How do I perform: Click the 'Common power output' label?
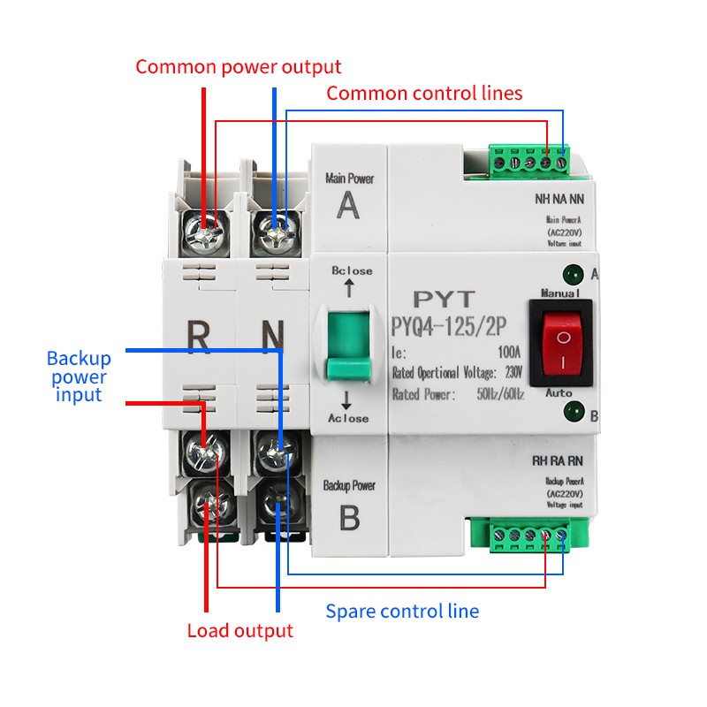pyautogui.click(x=238, y=67)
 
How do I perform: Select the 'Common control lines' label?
pyautogui.click(x=424, y=93)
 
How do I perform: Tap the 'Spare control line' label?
pyautogui.click(x=402, y=611)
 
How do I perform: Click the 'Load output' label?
pyautogui.click(x=239, y=631)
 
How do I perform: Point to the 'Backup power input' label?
pyautogui.click(x=80, y=376)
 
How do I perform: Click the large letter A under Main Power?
pyautogui.click(x=349, y=208)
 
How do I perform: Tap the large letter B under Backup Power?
pyautogui.click(x=349, y=517)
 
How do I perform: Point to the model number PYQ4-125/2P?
pyautogui.click(x=449, y=327)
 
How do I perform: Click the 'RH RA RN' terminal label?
pyautogui.click(x=557, y=460)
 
